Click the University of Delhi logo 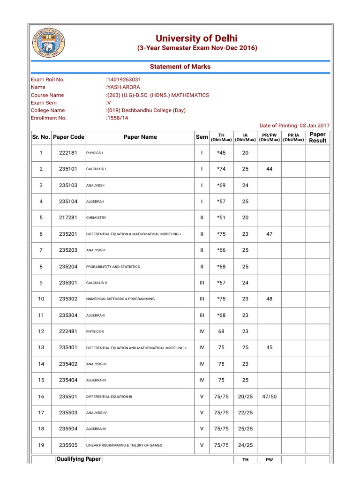[x=48, y=42]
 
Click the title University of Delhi [x=196, y=38]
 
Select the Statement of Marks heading [x=180, y=67]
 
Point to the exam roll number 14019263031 [x=124, y=79]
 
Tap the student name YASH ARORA [x=123, y=87]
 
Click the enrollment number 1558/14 [x=117, y=118]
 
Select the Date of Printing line [x=294, y=126]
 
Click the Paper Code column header [x=69, y=137]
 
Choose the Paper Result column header [x=317, y=137]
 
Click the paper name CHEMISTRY [x=96, y=218]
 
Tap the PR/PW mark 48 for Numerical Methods [x=269, y=299]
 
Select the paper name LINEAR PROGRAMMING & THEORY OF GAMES [x=124, y=445]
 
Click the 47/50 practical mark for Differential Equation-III [x=269, y=397]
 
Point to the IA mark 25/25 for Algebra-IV [x=245, y=429]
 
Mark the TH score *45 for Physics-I [x=221, y=153]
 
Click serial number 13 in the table [x=41, y=347]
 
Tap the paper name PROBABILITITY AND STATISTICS [x=113, y=267]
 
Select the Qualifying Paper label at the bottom [x=78, y=459]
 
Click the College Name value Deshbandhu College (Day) [x=146, y=110]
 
